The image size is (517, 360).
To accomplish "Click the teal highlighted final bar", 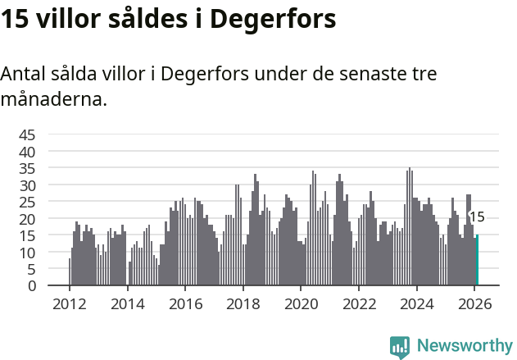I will (477, 261).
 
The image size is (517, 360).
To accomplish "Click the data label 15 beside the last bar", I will (477, 217).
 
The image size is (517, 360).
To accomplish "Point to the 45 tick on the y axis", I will (27, 134).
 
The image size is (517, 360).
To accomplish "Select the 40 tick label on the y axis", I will (27, 152).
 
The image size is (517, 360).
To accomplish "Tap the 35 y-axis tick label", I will (27, 168).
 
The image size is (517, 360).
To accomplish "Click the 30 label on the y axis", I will (27, 185).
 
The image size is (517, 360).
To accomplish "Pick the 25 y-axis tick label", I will (27, 202).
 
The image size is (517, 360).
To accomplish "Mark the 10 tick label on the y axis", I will (27, 253).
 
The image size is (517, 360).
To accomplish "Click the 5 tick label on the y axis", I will (31, 269).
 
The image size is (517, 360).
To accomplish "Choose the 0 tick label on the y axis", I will (31, 285).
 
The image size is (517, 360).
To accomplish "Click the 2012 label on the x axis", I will (69, 303).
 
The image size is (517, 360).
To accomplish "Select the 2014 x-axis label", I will (127, 303).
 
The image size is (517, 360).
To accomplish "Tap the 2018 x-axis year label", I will (243, 303).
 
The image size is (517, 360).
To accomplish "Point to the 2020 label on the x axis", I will (301, 303).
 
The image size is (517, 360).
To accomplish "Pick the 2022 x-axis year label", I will (359, 303).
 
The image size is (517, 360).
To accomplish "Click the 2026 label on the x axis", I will (474, 303).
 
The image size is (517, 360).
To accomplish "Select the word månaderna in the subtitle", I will (54, 100).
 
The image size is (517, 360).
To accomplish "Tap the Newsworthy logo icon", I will (400, 347).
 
